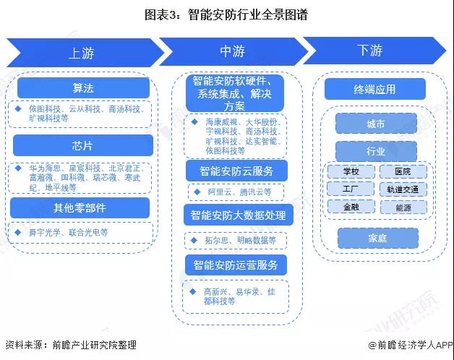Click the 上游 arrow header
click(82, 53)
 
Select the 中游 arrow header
click(232, 51)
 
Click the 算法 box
click(82, 88)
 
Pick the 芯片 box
click(82, 145)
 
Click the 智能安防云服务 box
click(236, 171)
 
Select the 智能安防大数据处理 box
click(236, 215)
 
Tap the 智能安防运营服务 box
click(236, 264)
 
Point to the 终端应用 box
click(374, 90)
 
